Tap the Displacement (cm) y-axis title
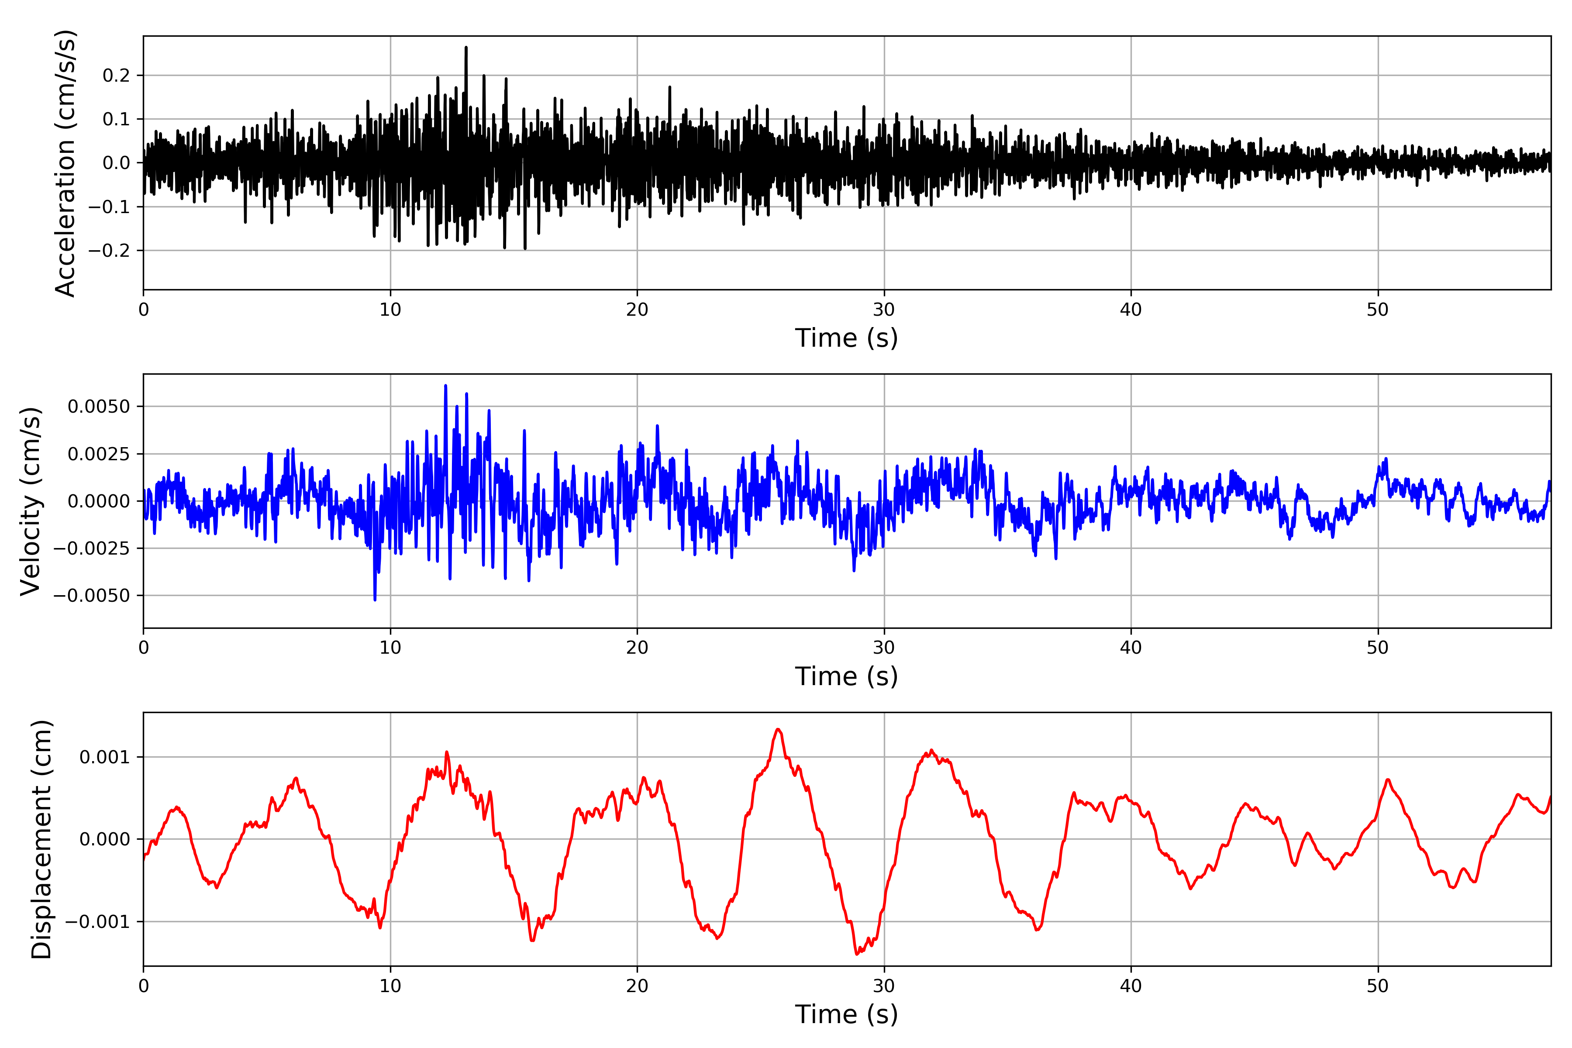pyautogui.click(x=41, y=839)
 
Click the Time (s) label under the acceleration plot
pyautogui.click(x=846, y=338)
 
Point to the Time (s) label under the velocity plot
pyautogui.click(x=846, y=676)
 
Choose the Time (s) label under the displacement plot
pyautogui.click(x=846, y=1014)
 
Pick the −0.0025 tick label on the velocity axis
pyautogui.click(x=92, y=548)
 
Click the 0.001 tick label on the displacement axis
pyautogui.click(x=104, y=757)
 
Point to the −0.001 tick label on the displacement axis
pyautogui.click(x=97, y=922)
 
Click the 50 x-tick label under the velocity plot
pyautogui.click(x=1378, y=648)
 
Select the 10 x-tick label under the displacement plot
pyautogui.click(x=390, y=986)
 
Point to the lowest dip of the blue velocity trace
pyautogui.click(x=375, y=600)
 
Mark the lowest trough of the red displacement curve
pyautogui.click(x=857, y=954)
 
